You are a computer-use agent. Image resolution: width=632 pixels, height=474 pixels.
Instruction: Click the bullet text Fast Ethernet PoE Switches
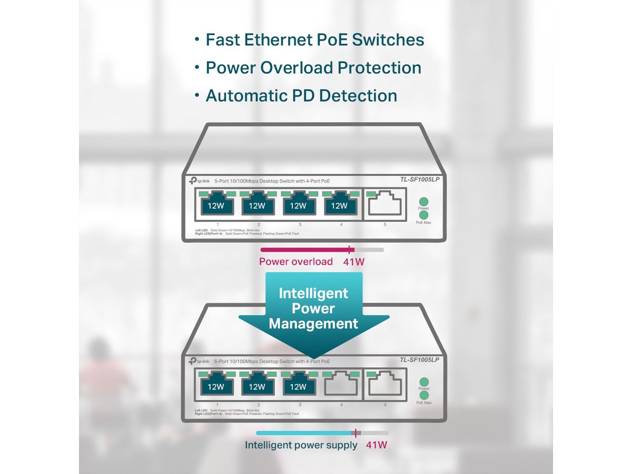[x=314, y=39]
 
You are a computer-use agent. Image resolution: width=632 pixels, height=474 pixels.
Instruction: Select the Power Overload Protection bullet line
[x=313, y=68]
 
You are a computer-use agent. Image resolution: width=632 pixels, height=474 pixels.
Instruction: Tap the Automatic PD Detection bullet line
[x=301, y=96]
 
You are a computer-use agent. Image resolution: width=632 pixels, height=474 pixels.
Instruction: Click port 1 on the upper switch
[x=215, y=204]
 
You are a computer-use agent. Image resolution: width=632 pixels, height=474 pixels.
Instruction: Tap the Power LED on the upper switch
[x=423, y=202]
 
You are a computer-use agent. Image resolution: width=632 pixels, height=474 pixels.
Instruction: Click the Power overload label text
[x=295, y=262]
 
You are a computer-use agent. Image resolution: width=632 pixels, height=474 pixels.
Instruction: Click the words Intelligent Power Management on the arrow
[x=313, y=308]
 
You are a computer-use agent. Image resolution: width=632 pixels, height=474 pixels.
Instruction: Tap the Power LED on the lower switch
[x=423, y=382]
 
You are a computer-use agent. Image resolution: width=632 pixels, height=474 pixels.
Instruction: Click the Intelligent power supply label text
[x=301, y=445]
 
